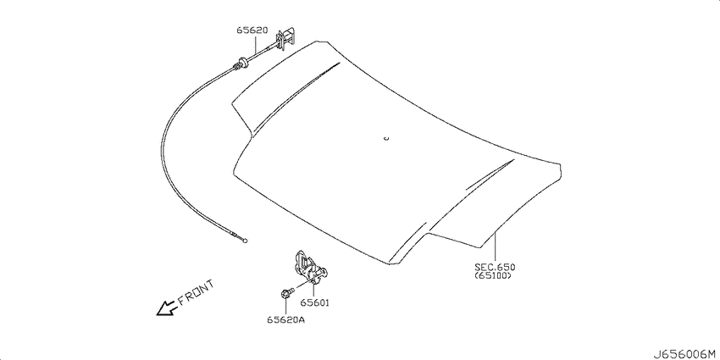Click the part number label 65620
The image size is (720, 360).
[252, 30]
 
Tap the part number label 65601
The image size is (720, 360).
[315, 303]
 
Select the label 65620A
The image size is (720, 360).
[285, 319]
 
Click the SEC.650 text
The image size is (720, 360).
[495, 267]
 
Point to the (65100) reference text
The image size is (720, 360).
[493, 276]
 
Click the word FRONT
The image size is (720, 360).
[196, 292]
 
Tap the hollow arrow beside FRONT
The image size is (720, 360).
[167, 307]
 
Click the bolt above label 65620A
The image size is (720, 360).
[285, 292]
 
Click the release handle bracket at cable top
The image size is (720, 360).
[285, 40]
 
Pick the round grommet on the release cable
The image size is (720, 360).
[242, 63]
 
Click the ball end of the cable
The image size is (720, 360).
[246, 241]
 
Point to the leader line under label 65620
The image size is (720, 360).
[255, 45]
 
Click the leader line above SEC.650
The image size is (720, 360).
[495, 248]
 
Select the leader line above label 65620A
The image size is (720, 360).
[285, 306]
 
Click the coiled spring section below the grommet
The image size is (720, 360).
[236, 68]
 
